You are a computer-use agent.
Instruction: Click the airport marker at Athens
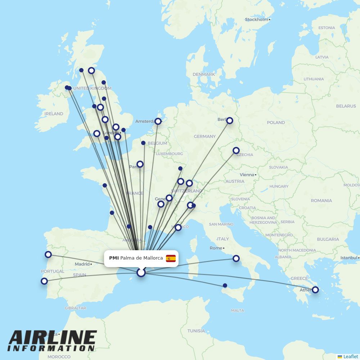click(x=315, y=290)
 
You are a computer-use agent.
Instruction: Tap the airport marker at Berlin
click(x=230, y=121)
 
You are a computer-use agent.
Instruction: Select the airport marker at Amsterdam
click(x=158, y=121)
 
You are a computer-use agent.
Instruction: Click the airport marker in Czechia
click(x=236, y=150)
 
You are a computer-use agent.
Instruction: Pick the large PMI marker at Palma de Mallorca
click(x=141, y=273)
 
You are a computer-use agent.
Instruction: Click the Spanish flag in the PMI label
click(x=171, y=258)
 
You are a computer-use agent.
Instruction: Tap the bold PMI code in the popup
click(x=114, y=258)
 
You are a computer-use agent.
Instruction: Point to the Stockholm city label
click(x=256, y=19)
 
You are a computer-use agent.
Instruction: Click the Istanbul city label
click(x=349, y=258)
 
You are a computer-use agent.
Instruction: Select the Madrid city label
click(x=82, y=264)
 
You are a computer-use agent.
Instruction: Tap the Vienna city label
click(x=247, y=175)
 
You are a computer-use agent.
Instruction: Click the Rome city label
click(x=216, y=248)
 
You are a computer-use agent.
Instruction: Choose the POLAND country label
click(x=276, y=122)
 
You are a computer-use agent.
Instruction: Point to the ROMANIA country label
click(x=321, y=201)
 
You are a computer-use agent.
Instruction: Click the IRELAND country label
click(x=54, y=114)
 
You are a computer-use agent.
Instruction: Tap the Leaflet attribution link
click(x=350, y=356)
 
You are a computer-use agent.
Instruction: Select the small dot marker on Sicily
click(x=225, y=285)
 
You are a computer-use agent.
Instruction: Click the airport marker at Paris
click(x=140, y=164)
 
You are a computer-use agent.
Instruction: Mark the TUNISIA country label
click(x=196, y=331)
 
